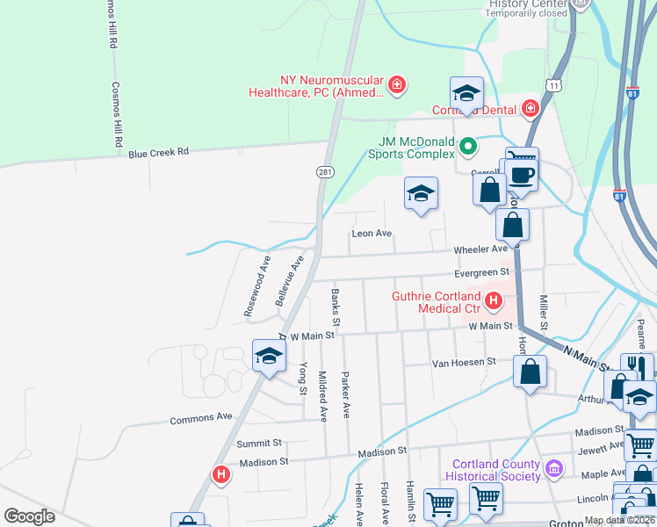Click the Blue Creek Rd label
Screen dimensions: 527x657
pyautogui.click(x=158, y=152)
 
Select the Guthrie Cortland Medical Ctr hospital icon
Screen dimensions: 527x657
pyautogui.click(x=493, y=302)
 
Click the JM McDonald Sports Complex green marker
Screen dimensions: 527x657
pyautogui.click(x=469, y=147)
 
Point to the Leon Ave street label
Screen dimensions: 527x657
pyautogui.click(x=371, y=234)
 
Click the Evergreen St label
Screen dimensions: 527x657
pyautogui.click(x=482, y=272)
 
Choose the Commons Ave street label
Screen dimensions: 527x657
pyautogui.click(x=201, y=418)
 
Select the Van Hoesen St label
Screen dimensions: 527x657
pyautogui.click(x=463, y=361)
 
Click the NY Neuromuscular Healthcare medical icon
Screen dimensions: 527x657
pyautogui.click(x=397, y=85)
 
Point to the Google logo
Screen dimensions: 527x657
pyautogui.click(x=29, y=516)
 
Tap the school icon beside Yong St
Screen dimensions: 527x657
pyautogui.click(x=269, y=356)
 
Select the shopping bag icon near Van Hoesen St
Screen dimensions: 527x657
pyautogui.click(x=531, y=371)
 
